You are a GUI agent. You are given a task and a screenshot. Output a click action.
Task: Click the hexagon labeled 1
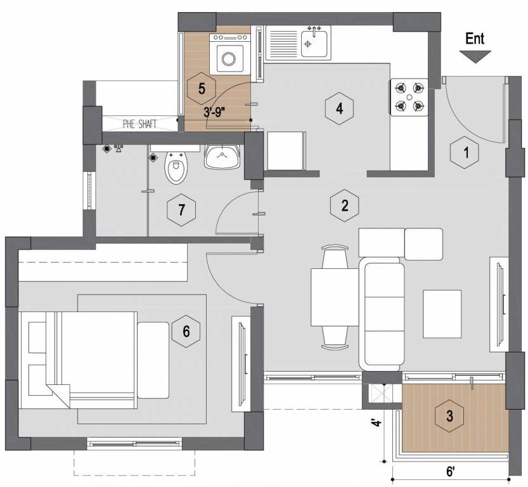[x=467, y=152]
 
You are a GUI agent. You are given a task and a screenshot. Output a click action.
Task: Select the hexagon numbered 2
[x=345, y=205]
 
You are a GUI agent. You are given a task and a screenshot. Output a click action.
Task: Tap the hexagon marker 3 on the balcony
[x=449, y=417]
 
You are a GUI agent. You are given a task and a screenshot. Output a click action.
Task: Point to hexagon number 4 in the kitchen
[x=340, y=108]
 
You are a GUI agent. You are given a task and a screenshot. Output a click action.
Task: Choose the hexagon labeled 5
[x=202, y=89]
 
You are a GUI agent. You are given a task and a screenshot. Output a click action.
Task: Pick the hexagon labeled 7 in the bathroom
[x=182, y=210]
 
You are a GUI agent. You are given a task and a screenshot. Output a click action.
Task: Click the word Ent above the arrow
[x=475, y=38]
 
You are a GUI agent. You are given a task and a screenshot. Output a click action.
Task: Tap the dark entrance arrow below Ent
[x=475, y=57]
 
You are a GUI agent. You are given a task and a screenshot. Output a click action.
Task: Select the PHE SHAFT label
[x=139, y=124]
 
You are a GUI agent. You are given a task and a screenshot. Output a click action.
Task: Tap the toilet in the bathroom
[x=176, y=168]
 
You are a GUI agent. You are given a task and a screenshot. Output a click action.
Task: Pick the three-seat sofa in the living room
[x=382, y=313]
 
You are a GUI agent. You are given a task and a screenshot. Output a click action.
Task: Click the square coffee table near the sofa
[x=442, y=313]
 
